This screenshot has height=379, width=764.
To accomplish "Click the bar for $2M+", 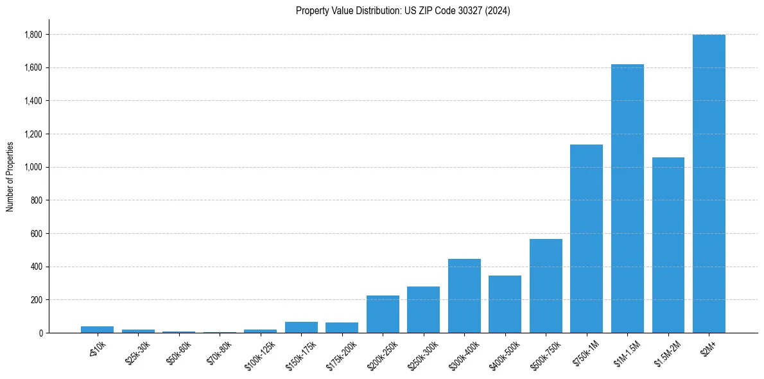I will [x=709, y=184].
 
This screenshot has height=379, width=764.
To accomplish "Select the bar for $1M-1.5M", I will [x=627, y=198].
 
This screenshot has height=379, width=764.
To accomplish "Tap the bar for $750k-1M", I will [x=587, y=239].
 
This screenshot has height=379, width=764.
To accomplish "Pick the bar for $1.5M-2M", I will [x=668, y=245].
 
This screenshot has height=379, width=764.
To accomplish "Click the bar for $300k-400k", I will [x=464, y=296].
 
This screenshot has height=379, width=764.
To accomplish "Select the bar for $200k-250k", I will [x=383, y=314].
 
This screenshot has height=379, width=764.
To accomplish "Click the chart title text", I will [x=403, y=11].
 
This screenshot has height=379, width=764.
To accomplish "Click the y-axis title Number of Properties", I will [x=10, y=176].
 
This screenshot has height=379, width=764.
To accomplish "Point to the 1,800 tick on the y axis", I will [x=31, y=35].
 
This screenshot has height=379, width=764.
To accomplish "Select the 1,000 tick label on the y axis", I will [x=31, y=167].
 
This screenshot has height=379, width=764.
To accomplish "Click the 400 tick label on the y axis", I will [x=35, y=267].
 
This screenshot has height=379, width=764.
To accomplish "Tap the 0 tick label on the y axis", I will [x=40, y=333].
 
